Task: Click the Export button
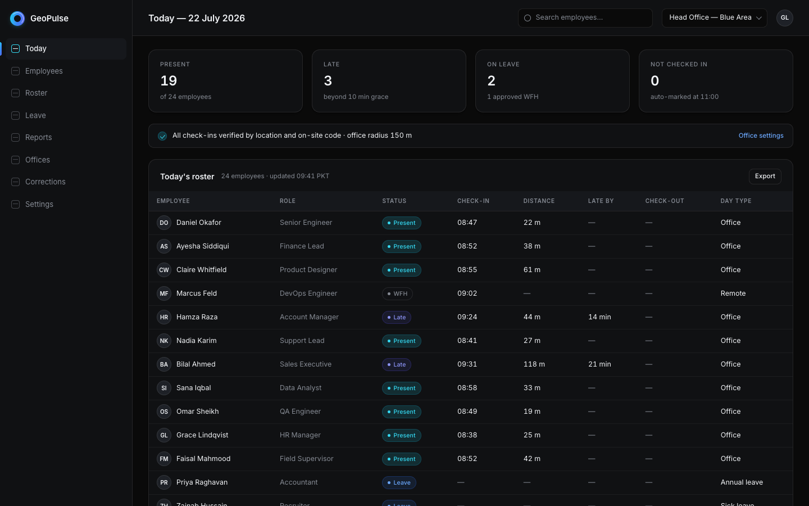[765, 177]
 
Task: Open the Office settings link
[761, 135]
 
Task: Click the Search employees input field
[585, 18]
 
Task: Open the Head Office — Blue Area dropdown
[714, 18]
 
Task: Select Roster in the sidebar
[36, 93]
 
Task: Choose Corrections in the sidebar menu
[45, 182]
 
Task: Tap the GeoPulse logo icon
[17, 19]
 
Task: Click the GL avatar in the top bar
[784, 18]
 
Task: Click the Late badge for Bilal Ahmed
[396, 364]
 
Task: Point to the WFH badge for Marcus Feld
[397, 293]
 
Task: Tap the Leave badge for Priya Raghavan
[399, 482]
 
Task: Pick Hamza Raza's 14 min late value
[599, 317]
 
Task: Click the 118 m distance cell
[534, 364]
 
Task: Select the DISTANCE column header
[538, 201]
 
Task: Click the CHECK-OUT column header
[664, 201]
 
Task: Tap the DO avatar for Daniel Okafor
[163, 223]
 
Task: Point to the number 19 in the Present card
[169, 80]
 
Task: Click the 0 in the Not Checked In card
[655, 80]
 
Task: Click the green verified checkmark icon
[162, 136]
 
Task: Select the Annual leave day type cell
[742, 482]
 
